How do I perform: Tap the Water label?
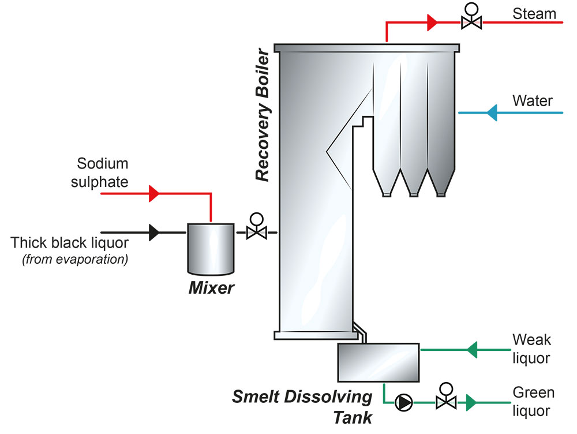pos(532,101)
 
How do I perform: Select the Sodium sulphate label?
pos(99,173)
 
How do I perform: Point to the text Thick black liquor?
pos(69,242)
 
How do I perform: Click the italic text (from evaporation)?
pos(74,259)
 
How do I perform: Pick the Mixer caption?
pos(211,287)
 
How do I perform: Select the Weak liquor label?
pos(531,349)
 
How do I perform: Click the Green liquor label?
pos(533,402)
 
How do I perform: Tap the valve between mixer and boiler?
pos(255,232)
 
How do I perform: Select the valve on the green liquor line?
pos(444,401)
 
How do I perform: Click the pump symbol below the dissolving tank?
pos(402,401)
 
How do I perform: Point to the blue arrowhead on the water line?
pos(492,112)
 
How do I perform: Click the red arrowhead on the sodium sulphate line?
pos(153,193)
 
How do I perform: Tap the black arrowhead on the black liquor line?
pos(153,233)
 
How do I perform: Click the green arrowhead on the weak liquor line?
pos(472,349)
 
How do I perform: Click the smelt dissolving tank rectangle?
pos(378,362)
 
